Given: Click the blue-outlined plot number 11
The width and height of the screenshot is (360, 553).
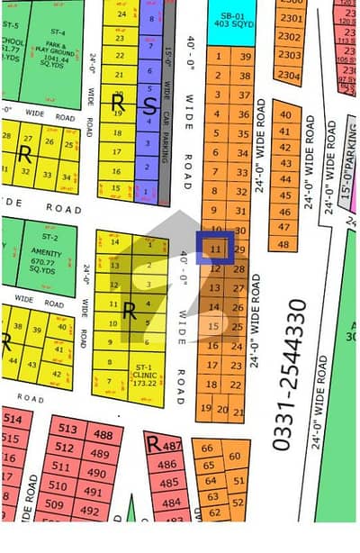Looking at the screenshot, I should (x=216, y=248).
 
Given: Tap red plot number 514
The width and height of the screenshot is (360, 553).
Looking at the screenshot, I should (x=13, y=421).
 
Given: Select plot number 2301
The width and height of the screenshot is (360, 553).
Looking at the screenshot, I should (x=290, y=18).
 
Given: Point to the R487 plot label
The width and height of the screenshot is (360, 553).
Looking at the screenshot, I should (x=164, y=445).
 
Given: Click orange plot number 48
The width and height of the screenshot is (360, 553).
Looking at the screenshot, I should (x=284, y=244).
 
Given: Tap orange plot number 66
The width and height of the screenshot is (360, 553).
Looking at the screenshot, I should (x=209, y=449).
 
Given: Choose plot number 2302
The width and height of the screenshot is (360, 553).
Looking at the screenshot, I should (x=290, y=36).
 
